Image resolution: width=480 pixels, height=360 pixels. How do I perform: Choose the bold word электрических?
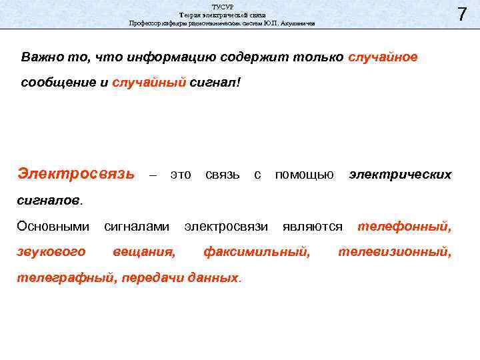[x=400, y=175]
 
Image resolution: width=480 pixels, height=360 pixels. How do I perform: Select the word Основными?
[x=53, y=227]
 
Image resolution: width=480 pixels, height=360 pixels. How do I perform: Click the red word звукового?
[x=51, y=252]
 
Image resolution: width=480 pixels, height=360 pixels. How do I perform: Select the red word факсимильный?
[x=256, y=252]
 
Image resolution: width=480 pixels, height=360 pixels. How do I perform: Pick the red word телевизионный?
[x=395, y=252]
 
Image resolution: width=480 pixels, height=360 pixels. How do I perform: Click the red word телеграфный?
[x=65, y=278]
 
